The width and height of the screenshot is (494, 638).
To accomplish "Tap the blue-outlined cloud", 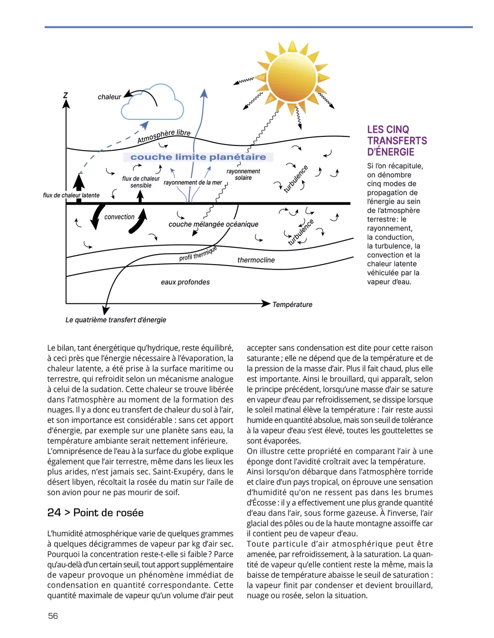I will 153,103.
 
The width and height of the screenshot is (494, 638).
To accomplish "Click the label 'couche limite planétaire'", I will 198,157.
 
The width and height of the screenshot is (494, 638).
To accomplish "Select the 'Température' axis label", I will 292,305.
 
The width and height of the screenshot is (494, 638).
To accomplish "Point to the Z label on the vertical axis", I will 66,95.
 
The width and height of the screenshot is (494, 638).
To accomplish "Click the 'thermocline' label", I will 256,260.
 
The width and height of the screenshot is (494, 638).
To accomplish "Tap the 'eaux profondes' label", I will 185,282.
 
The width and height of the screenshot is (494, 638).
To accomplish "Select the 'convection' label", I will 119,217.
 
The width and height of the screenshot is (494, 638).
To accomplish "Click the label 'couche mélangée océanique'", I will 213,224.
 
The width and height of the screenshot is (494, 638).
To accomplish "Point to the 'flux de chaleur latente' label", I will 71,196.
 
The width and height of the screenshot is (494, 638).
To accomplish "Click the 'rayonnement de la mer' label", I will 193,183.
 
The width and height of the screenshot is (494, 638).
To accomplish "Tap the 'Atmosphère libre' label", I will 164,136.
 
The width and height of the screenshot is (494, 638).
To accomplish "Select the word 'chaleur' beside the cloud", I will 109,97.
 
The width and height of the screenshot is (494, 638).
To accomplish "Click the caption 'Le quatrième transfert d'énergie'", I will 116,320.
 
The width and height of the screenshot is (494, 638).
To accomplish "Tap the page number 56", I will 53,616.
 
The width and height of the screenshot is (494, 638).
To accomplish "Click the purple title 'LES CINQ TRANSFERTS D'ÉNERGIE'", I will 397,141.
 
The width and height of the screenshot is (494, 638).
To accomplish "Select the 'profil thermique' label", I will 198,253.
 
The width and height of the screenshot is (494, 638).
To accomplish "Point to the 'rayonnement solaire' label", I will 243,175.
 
